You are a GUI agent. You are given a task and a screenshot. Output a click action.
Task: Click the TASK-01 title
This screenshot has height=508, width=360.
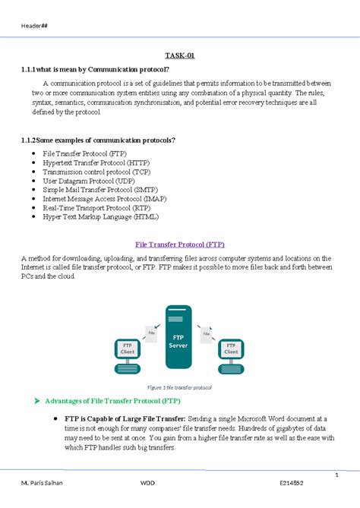[x=179, y=55]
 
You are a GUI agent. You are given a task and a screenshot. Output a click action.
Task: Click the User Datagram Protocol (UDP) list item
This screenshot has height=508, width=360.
[x=87, y=181]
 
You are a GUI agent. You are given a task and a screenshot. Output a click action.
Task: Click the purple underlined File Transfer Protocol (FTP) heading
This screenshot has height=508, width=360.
[x=179, y=245]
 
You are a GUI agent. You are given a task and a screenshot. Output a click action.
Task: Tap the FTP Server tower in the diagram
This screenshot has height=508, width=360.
[x=178, y=339]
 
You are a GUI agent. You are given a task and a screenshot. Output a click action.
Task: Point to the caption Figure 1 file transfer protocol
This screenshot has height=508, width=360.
[x=180, y=387]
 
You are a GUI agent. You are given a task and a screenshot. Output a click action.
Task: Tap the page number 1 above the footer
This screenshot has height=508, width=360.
[x=335, y=475]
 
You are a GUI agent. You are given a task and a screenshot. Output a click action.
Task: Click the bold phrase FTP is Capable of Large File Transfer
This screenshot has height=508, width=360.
[x=125, y=418]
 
